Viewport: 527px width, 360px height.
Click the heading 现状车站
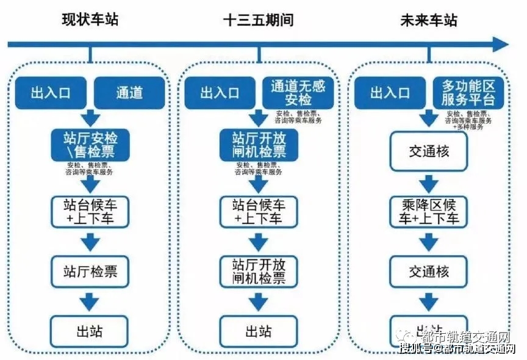tap(90, 20)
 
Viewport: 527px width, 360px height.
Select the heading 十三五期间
tap(258, 20)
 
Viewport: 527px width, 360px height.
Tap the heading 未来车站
tap(428, 20)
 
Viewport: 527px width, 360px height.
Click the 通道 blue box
tap(129, 93)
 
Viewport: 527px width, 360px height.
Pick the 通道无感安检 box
tap(298, 93)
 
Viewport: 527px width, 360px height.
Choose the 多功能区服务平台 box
tap(468, 93)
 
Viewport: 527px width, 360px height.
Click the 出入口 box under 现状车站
tap(51, 93)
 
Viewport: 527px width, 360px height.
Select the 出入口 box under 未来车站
tap(390, 93)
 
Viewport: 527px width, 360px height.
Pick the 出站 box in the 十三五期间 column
tap(259, 331)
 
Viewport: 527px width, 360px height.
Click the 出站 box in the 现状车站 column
tap(90, 331)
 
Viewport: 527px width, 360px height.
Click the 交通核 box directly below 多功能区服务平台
tap(429, 150)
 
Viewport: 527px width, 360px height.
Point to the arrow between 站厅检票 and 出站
tap(90, 301)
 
